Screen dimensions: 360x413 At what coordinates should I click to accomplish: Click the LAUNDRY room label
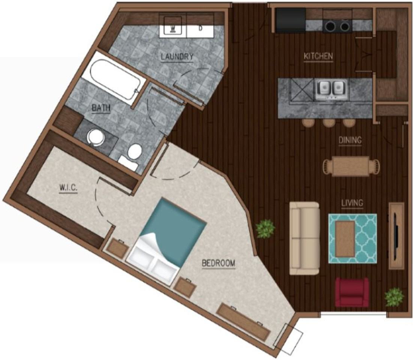coord(177,57)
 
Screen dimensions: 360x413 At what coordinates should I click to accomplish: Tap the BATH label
coord(101,108)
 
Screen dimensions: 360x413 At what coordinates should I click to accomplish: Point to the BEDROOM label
coord(218,263)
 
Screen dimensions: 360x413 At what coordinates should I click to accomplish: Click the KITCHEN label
coord(318,57)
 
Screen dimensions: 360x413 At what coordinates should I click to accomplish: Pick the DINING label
coord(350,140)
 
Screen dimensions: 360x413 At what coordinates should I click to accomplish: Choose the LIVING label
coord(352,203)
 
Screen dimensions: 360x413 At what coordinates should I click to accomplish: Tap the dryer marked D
coord(200,27)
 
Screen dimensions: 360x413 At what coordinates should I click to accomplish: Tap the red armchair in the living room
coord(352,292)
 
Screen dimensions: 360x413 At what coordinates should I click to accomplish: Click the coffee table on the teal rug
coord(345,239)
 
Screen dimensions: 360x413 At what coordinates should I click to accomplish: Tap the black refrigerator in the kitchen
coord(290,20)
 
